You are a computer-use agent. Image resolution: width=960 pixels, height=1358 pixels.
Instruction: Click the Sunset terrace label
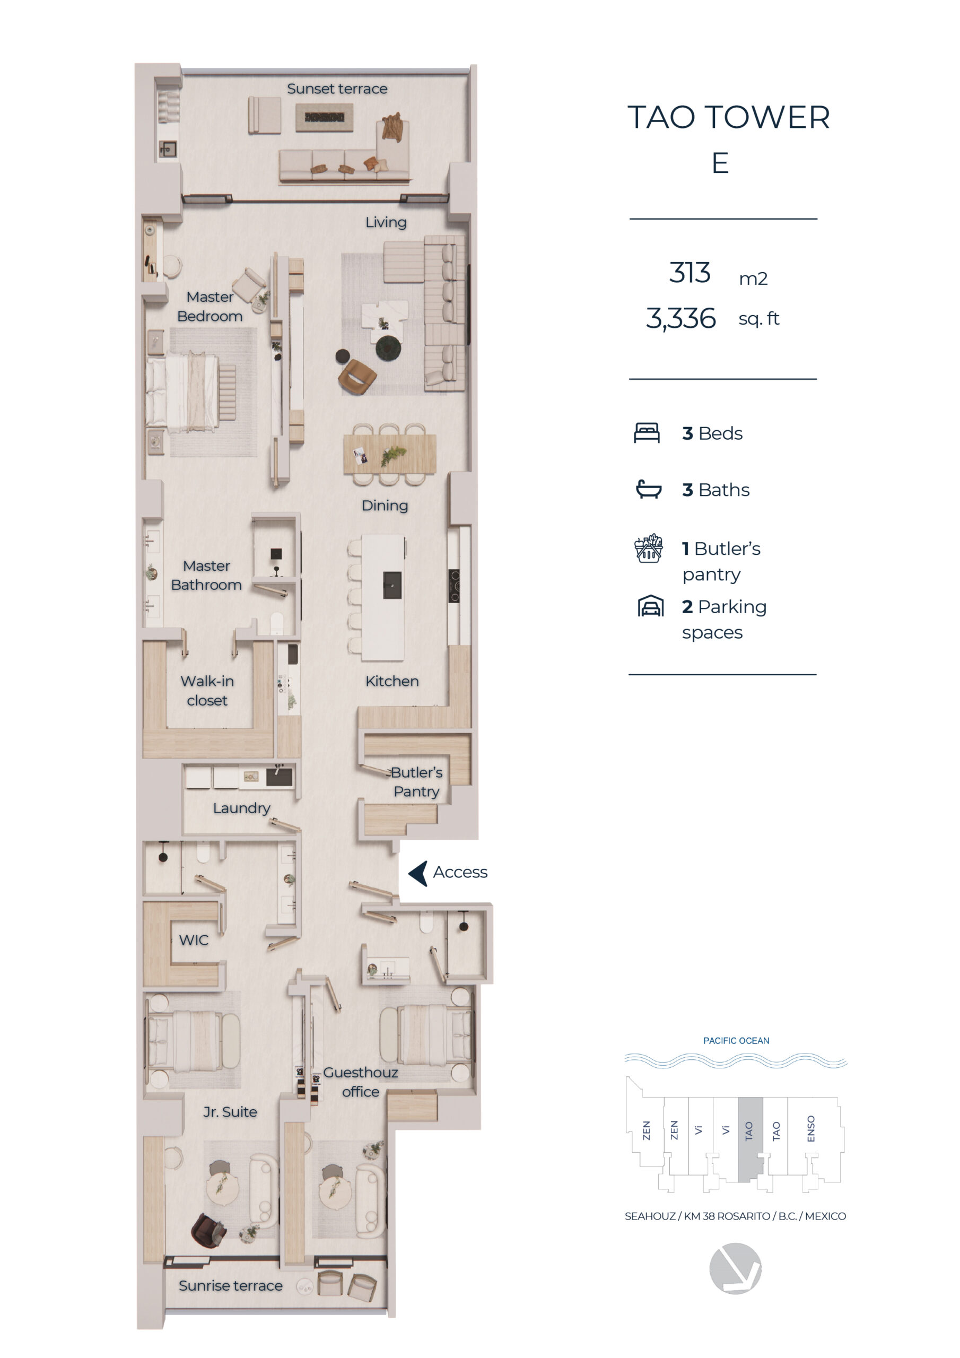337,89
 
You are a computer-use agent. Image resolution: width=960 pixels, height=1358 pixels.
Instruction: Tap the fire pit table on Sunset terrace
324,117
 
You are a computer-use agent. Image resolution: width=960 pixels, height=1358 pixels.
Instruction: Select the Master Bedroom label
210,307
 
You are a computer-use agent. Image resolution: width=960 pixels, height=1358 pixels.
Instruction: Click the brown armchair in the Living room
357,376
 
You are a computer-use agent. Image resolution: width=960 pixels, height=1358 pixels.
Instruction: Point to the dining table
390,454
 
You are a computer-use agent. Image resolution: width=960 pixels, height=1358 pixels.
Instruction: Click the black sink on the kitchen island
392,586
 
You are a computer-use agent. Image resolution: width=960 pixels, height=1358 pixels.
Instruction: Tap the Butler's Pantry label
416,781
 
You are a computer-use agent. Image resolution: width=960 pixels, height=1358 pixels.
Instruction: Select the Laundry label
241,808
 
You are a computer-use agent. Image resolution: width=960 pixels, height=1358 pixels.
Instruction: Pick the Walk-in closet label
207,690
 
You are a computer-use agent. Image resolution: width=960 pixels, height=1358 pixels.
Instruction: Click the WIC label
194,940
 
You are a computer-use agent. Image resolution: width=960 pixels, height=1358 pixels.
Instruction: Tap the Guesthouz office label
360,1082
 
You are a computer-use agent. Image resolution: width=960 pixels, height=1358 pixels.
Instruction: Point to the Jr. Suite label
230,1112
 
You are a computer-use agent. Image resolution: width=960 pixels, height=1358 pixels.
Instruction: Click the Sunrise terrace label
231,1286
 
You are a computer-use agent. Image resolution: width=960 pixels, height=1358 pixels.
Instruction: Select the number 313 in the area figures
690,273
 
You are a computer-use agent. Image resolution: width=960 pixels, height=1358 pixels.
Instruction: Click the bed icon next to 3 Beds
647,433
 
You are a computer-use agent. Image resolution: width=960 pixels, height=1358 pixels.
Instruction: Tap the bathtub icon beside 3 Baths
648,489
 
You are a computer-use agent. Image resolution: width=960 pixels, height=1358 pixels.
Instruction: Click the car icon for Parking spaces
650,606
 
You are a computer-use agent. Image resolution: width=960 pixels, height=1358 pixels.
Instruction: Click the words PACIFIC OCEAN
736,1040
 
